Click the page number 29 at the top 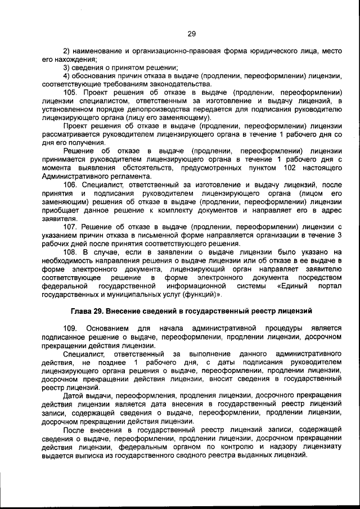191,34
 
